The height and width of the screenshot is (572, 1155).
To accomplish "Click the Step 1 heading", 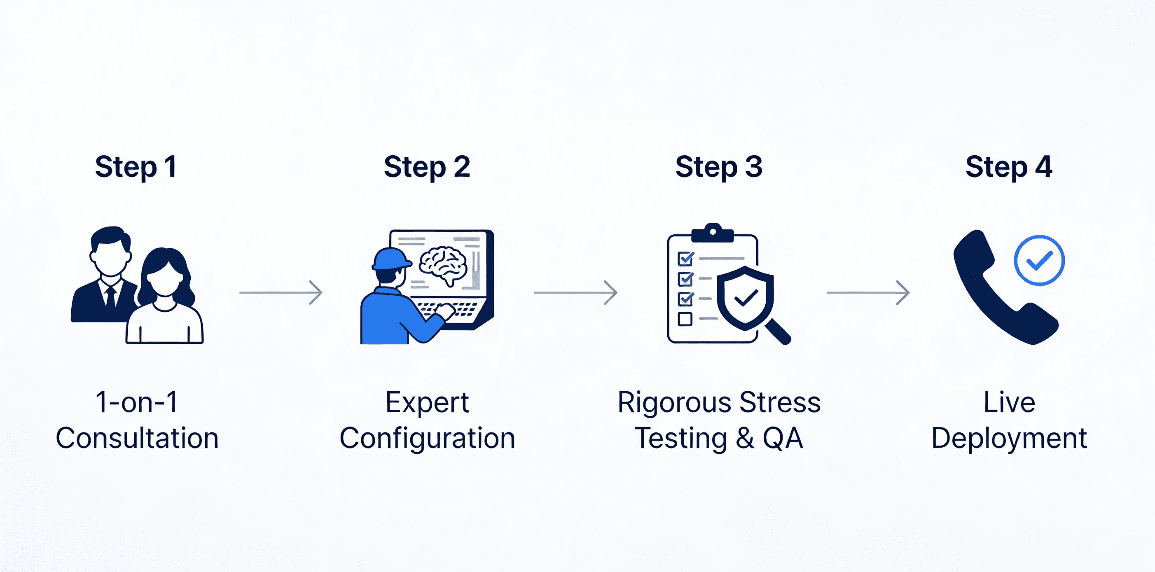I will pyautogui.click(x=136, y=167).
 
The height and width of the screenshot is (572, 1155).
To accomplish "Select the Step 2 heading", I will pyautogui.click(x=427, y=167).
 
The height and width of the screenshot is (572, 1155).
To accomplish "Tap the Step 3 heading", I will pyautogui.click(x=719, y=167).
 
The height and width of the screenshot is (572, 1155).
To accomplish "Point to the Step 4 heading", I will pyautogui.click(x=1009, y=167).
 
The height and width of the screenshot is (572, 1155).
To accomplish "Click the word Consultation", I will pyautogui.click(x=137, y=438).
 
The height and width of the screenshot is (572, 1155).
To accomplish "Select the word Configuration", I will pyautogui.click(x=427, y=438).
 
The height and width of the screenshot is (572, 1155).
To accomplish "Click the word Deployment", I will pyautogui.click(x=1009, y=438).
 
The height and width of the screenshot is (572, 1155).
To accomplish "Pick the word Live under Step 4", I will pyautogui.click(x=1009, y=402).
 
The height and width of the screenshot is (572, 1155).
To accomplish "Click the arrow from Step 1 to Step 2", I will pyautogui.click(x=281, y=293).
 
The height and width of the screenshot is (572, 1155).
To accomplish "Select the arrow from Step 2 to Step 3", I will pyautogui.click(x=576, y=293).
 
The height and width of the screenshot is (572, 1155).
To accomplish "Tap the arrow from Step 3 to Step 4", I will pyautogui.click(x=868, y=293).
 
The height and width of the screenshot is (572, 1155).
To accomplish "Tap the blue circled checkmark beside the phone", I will pyautogui.click(x=1039, y=260).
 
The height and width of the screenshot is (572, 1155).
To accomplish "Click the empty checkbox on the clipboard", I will pyautogui.click(x=685, y=319).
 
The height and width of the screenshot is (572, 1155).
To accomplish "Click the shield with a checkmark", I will pyautogui.click(x=745, y=297).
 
